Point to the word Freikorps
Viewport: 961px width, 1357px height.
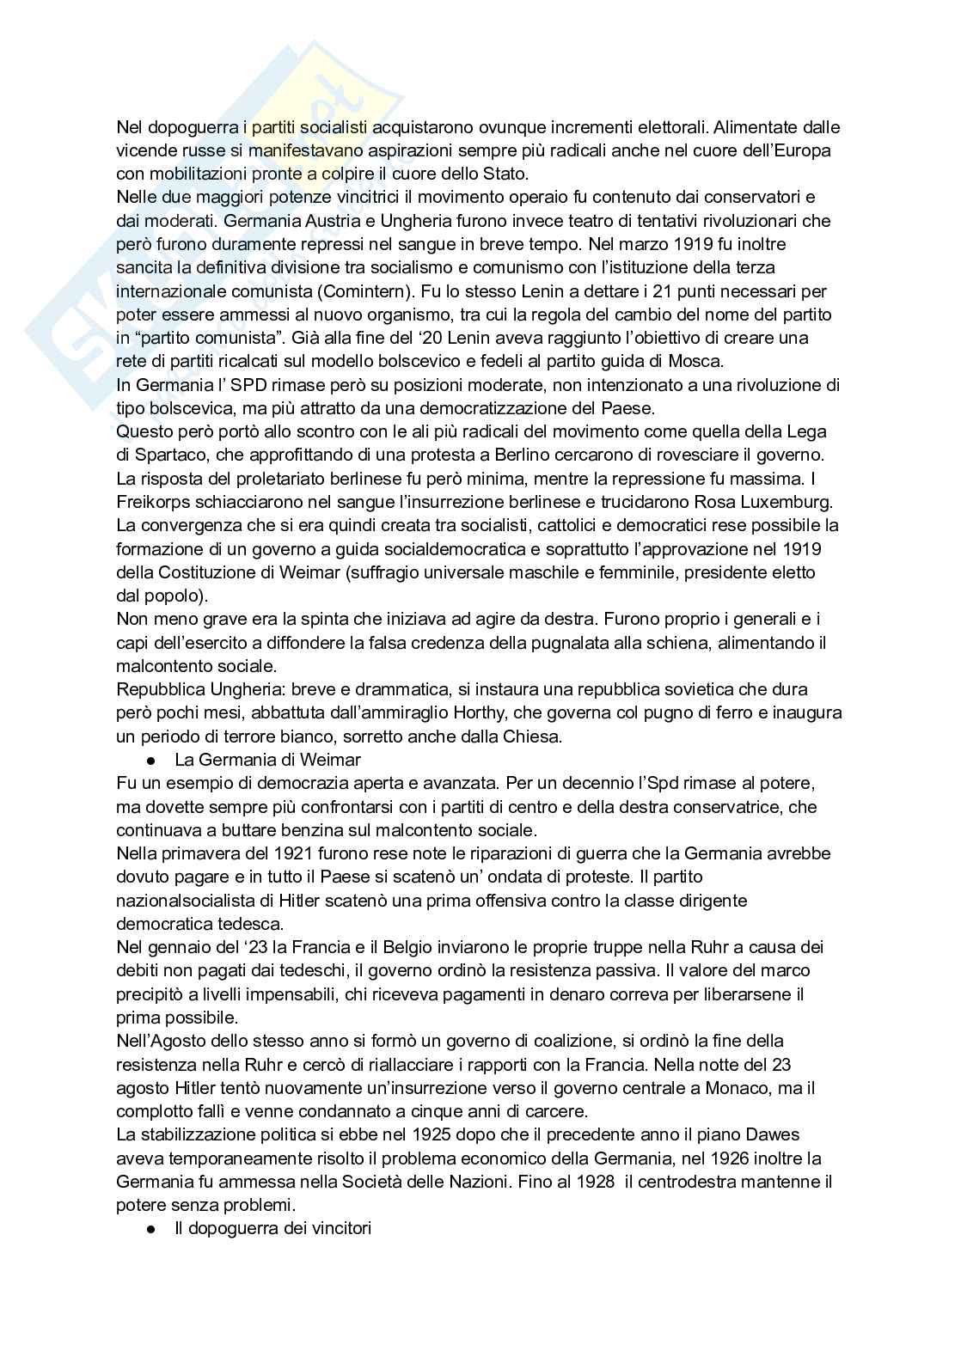coord(150,501)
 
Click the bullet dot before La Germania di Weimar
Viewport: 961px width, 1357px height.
coord(150,761)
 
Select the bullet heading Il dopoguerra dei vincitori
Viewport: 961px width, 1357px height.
coord(272,1228)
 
